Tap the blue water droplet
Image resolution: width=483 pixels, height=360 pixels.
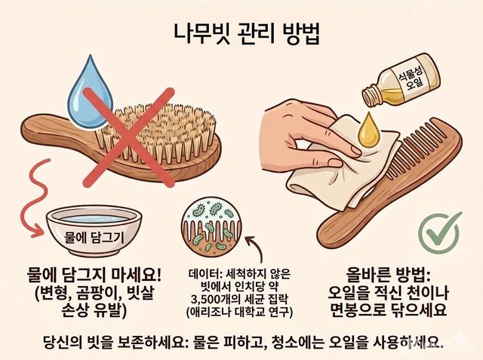point(91,93)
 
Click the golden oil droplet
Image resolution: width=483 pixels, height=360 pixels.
point(368,130)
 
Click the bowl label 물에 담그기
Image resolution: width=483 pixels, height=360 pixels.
point(94,237)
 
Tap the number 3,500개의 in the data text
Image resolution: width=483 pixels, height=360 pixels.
point(213,299)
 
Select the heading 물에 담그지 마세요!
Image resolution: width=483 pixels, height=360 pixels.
point(94,275)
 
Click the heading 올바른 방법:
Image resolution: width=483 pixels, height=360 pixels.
point(387,274)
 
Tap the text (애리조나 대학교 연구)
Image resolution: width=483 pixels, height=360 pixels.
point(239,312)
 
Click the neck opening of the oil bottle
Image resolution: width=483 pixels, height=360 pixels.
point(368,95)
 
